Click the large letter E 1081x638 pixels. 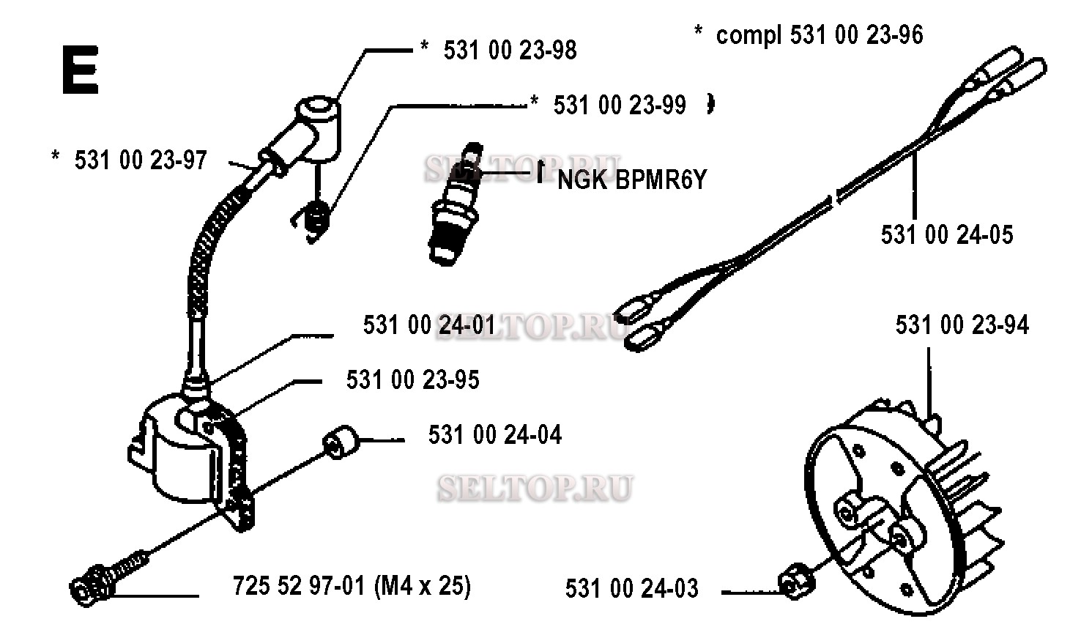click(81, 70)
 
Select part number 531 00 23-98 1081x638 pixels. click(510, 51)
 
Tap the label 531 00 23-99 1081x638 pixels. click(620, 105)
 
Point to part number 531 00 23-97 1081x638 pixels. click(141, 160)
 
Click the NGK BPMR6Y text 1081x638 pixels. click(632, 180)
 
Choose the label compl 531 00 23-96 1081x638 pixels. click(820, 34)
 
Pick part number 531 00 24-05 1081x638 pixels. click(947, 235)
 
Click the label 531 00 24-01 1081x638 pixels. click(429, 324)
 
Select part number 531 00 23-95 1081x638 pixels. click(412, 380)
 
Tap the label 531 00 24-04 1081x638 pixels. click(495, 435)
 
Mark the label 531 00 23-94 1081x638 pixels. click(962, 324)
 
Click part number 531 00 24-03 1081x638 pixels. click(632, 589)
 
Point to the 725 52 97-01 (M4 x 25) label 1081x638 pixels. click(352, 587)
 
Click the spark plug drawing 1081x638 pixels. click(456, 204)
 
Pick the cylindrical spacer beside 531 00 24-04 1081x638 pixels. click(341, 442)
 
